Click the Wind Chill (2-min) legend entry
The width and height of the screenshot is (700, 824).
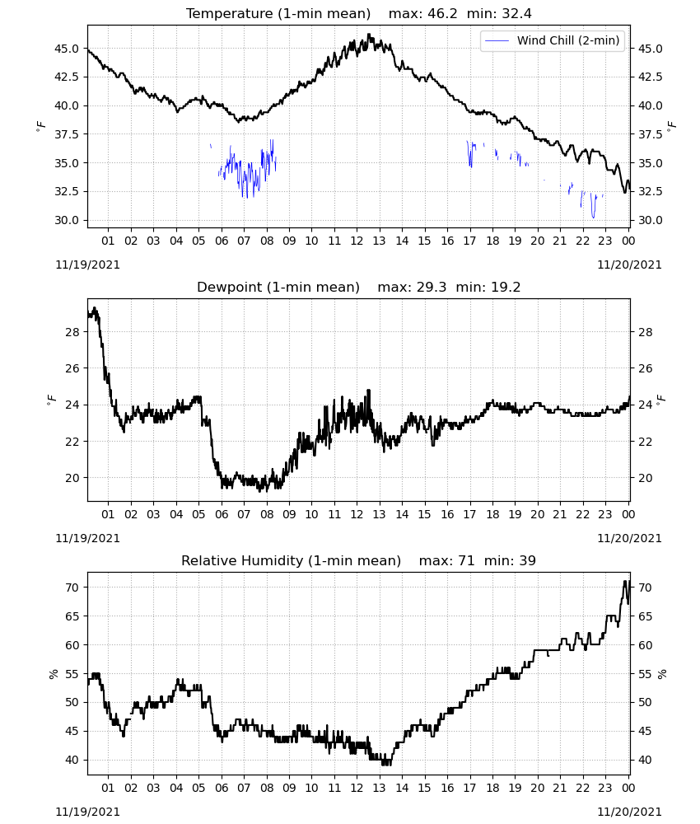tap(553, 40)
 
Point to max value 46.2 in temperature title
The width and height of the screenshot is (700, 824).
tap(443, 13)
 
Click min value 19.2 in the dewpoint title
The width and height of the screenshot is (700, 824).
tap(506, 287)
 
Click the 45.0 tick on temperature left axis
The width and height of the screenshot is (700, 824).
tap(67, 49)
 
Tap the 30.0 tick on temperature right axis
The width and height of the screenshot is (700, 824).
tap(650, 220)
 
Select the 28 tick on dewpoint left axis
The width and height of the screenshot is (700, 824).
tap(72, 332)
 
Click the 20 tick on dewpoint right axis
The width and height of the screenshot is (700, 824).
tap(645, 478)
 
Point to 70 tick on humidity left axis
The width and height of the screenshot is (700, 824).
tap(72, 588)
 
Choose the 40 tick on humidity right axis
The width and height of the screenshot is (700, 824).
tap(645, 760)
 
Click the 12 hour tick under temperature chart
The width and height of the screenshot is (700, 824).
tap(357, 241)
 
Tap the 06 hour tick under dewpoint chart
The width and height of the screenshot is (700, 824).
tap(222, 514)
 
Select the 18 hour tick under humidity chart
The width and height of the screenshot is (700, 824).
tap(492, 788)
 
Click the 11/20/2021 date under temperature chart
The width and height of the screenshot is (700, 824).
tap(629, 265)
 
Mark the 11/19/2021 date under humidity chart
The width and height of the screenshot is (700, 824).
tap(87, 812)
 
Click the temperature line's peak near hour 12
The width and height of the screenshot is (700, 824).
tap(369, 35)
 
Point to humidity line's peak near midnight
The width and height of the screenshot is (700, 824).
tap(625, 581)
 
